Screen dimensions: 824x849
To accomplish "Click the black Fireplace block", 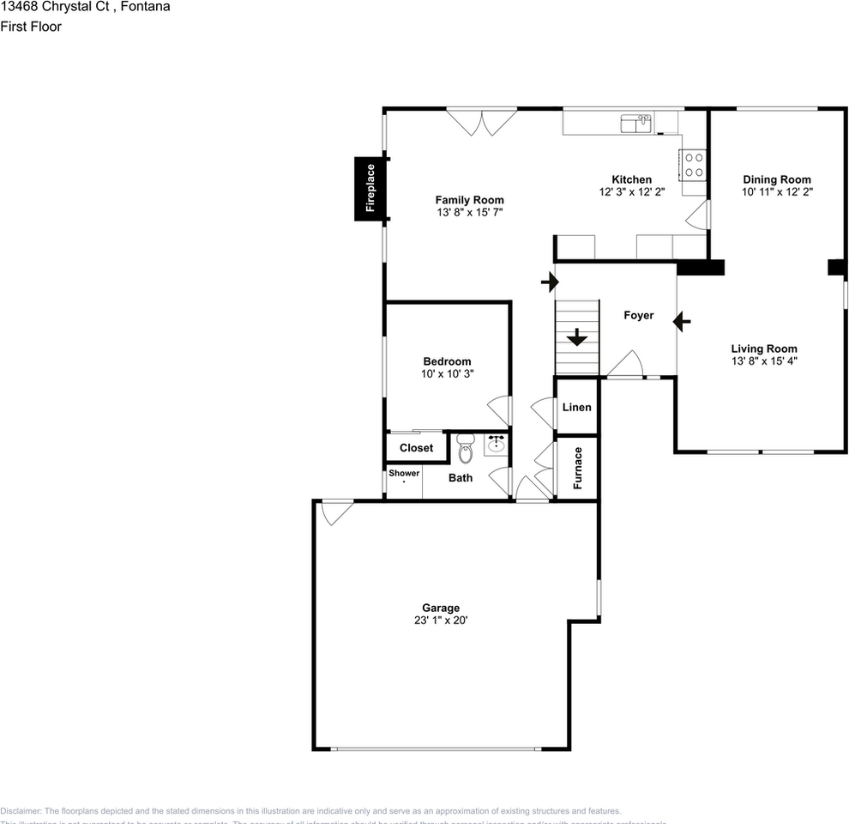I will pos(370,189).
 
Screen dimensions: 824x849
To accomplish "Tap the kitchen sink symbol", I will pos(636,124).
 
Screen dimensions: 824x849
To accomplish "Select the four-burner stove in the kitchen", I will pos(693,165).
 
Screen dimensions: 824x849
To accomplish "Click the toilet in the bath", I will pos(466,448).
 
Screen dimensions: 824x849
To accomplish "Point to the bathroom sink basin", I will pos(496,445).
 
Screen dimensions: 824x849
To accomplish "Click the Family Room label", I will pos(469,200).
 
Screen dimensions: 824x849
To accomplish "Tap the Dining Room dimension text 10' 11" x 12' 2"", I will pos(777,192).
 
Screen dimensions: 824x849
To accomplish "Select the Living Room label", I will pos(763,348).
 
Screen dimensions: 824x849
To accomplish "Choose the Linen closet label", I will pos(576,407).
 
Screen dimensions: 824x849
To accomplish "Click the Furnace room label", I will pos(578,468).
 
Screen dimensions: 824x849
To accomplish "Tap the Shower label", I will pos(404,473).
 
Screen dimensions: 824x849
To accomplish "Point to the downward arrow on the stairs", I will pos(577,336).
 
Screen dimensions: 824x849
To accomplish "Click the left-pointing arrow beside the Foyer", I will pos(683,322).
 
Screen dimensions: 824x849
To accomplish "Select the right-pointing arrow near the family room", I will pos(549,281).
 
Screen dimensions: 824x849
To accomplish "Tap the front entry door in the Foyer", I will pos(625,365).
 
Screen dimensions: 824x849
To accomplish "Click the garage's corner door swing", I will pos(335,512).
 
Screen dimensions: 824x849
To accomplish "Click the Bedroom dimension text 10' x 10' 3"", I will pos(447,374).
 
